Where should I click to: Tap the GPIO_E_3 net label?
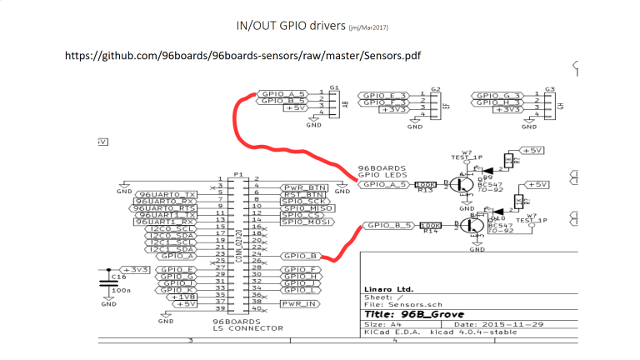pyautogui.click(x=384, y=96)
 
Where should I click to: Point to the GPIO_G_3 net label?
pyautogui.click(x=497, y=96)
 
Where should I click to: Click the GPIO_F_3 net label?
pyautogui.click(x=384, y=102)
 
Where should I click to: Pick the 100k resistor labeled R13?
pyautogui.click(x=425, y=184)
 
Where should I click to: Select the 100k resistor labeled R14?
pyautogui.click(x=431, y=225)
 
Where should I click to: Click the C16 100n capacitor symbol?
pyautogui.click(x=107, y=282)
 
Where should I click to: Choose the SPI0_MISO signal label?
pyautogui.click(x=306, y=207)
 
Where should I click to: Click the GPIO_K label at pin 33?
pyautogui.click(x=177, y=289)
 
